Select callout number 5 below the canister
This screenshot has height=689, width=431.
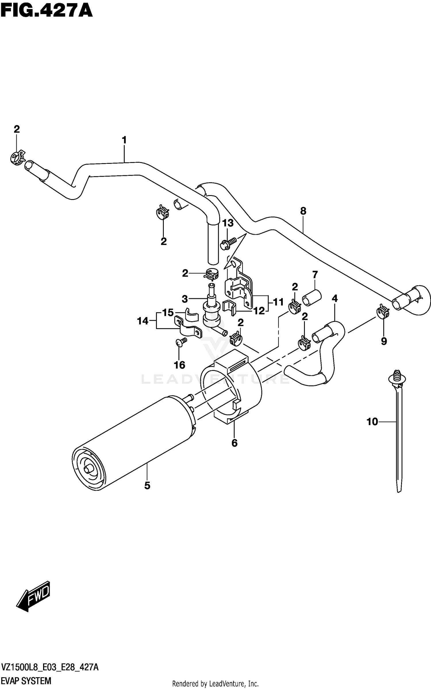[147, 486]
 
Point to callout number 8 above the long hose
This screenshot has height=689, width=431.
[303, 211]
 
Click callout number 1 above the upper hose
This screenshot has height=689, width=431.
[124, 140]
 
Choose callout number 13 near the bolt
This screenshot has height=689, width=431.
[228, 223]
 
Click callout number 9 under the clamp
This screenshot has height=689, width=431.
[384, 341]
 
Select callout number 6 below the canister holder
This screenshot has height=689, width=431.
[234, 443]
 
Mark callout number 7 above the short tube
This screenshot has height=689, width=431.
[315, 275]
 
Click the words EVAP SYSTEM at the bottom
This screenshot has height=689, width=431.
[26, 681]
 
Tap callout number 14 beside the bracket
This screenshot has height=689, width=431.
[143, 321]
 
